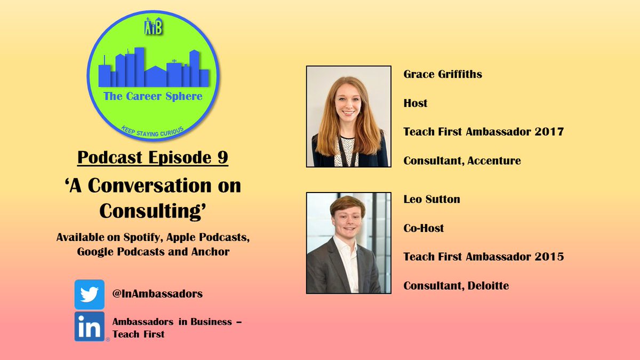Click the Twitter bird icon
click(89, 294)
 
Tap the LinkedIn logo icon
click(89, 327)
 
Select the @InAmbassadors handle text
click(157, 294)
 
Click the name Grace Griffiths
click(443, 74)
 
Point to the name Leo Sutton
click(431, 199)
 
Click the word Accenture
click(494, 161)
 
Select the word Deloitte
click(488, 286)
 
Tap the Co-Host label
click(423, 228)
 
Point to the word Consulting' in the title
click(153, 211)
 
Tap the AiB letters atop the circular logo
click(153, 27)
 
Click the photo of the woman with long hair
click(349, 116)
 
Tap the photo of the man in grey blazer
click(349, 243)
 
